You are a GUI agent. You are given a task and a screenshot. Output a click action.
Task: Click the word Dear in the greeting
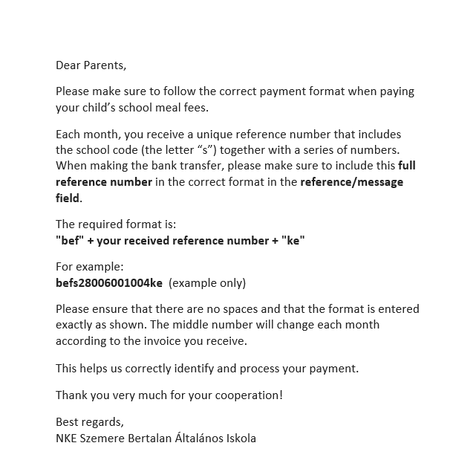point(68,65)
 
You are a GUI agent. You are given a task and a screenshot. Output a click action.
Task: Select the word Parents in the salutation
point(103,65)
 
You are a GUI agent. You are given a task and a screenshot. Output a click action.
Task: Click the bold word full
point(410,165)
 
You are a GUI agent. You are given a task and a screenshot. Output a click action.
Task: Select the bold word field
point(68,198)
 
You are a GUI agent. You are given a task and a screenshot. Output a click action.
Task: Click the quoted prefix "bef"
point(68,240)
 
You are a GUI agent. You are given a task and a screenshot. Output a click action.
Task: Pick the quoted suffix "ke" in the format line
point(296,240)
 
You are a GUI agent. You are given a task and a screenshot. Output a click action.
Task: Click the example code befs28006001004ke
point(109,282)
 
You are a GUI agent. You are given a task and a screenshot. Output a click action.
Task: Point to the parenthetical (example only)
point(207,282)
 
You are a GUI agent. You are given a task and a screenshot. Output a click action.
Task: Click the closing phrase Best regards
point(90,422)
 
